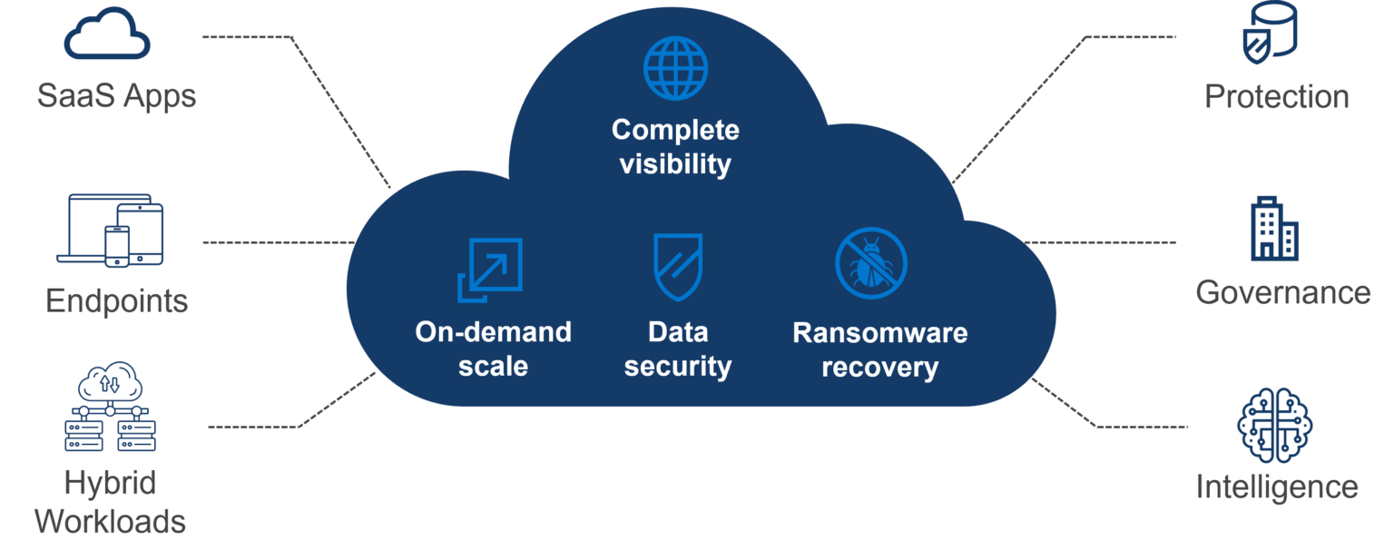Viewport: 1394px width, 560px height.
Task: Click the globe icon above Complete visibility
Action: pos(675,67)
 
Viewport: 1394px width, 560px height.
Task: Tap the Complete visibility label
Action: pos(675,147)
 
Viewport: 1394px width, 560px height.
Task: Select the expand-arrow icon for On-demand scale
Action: pos(490,270)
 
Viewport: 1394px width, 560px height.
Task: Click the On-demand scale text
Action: pos(493,349)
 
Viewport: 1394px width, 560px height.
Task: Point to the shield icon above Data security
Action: pos(677,267)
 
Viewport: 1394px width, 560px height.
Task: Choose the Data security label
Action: pos(677,349)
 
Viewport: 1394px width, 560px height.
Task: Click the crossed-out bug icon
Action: pos(871,263)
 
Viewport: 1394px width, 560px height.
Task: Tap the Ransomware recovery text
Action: pos(879,349)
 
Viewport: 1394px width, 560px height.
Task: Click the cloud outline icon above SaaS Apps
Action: pos(107,35)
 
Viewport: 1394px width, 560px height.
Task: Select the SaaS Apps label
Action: pos(117,95)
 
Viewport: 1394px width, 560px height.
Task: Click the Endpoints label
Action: pos(116,300)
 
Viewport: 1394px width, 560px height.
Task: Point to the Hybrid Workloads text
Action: pos(110,502)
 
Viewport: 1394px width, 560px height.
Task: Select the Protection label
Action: pos(1276,96)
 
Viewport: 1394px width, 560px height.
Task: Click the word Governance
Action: pos(1282,292)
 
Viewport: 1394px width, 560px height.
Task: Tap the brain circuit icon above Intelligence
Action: pos(1275,425)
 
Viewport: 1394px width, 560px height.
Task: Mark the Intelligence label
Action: pos(1276,487)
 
